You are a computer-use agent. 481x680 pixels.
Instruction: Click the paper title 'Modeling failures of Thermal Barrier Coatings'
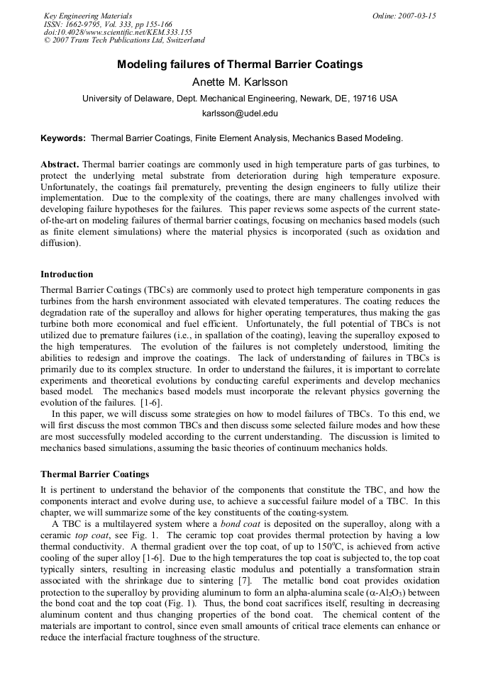coord(240,65)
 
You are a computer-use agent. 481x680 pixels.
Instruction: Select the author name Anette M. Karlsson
coord(240,82)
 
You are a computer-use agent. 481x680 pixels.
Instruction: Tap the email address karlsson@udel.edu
coord(240,113)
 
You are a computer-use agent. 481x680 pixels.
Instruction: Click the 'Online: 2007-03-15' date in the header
coord(404,16)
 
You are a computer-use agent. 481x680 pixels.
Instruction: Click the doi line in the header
coord(118,32)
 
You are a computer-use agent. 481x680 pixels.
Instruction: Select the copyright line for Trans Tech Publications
coord(124,40)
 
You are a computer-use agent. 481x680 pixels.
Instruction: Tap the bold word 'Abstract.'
coord(60,164)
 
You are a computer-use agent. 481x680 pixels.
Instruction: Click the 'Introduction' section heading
coord(67,274)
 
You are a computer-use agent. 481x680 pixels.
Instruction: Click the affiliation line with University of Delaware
coord(240,99)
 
